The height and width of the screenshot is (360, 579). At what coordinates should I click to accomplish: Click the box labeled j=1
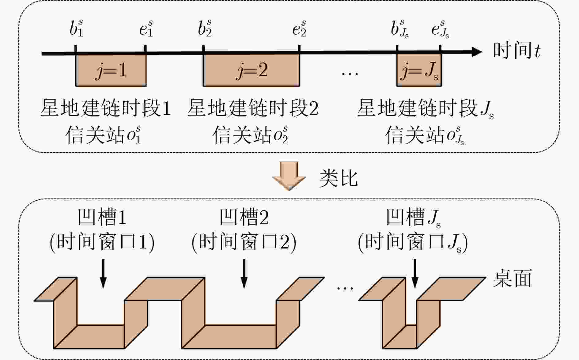pos(111,70)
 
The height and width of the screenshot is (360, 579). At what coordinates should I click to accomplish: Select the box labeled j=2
pos(251,70)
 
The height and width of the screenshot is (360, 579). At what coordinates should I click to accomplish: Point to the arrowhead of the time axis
pos(476,52)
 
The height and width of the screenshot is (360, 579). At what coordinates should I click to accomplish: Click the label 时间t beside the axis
pos(517,51)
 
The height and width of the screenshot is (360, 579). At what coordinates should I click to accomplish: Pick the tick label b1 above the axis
pos(76,28)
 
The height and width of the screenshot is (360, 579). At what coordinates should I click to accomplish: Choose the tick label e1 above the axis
pos(146,28)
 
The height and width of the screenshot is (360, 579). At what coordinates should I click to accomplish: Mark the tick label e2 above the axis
pos(299,28)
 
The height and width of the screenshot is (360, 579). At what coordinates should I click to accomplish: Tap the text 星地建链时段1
pos(106,108)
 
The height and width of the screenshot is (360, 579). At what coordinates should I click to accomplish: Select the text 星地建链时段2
pos(253,108)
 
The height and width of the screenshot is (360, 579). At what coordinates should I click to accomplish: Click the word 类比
pos(338,178)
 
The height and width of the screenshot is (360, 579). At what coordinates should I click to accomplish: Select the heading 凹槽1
pos(102,217)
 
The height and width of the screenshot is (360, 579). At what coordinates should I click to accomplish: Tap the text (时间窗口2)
pos(244,243)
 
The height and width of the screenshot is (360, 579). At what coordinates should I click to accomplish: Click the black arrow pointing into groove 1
pos(103,273)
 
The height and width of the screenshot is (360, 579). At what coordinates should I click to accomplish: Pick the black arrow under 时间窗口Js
pos(415,273)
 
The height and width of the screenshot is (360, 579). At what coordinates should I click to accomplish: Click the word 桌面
pos(512,278)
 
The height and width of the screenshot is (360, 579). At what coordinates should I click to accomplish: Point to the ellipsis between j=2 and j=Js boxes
pos(350,73)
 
